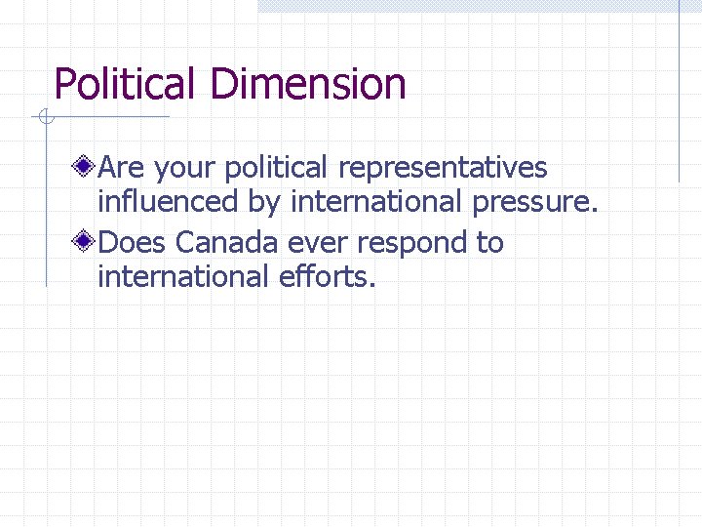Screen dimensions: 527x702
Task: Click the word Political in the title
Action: click(128, 84)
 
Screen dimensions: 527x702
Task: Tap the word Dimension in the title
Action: click(308, 84)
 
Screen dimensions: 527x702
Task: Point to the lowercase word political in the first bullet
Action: click(277, 169)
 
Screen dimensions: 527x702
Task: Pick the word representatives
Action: click(443, 169)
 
